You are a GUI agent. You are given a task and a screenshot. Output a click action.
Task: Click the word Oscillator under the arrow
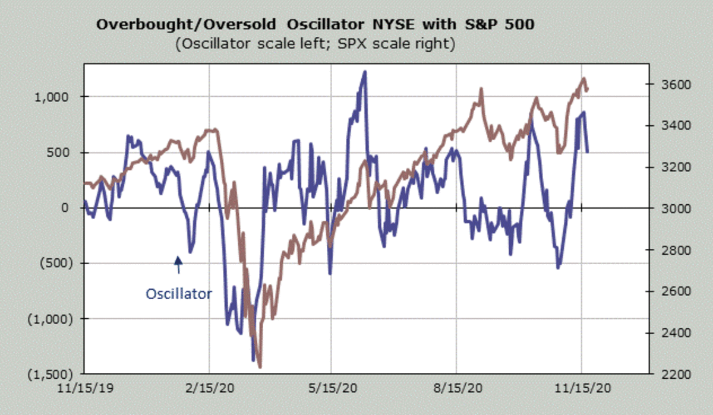[x=178, y=293]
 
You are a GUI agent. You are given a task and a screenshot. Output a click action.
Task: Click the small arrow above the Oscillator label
[x=178, y=264]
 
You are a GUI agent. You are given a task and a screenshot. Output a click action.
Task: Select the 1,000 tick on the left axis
[x=57, y=97]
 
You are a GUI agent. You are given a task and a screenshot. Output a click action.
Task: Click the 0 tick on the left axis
[x=66, y=208]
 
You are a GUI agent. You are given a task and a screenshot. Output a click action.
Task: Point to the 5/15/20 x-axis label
[x=332, y=388]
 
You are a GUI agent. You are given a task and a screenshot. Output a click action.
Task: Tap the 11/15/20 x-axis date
[x=582, y=388]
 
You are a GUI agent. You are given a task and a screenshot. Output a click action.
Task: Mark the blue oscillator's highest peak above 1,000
[x=364, y=72]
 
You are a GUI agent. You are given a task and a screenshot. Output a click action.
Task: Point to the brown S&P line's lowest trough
[x=260, y=366]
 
